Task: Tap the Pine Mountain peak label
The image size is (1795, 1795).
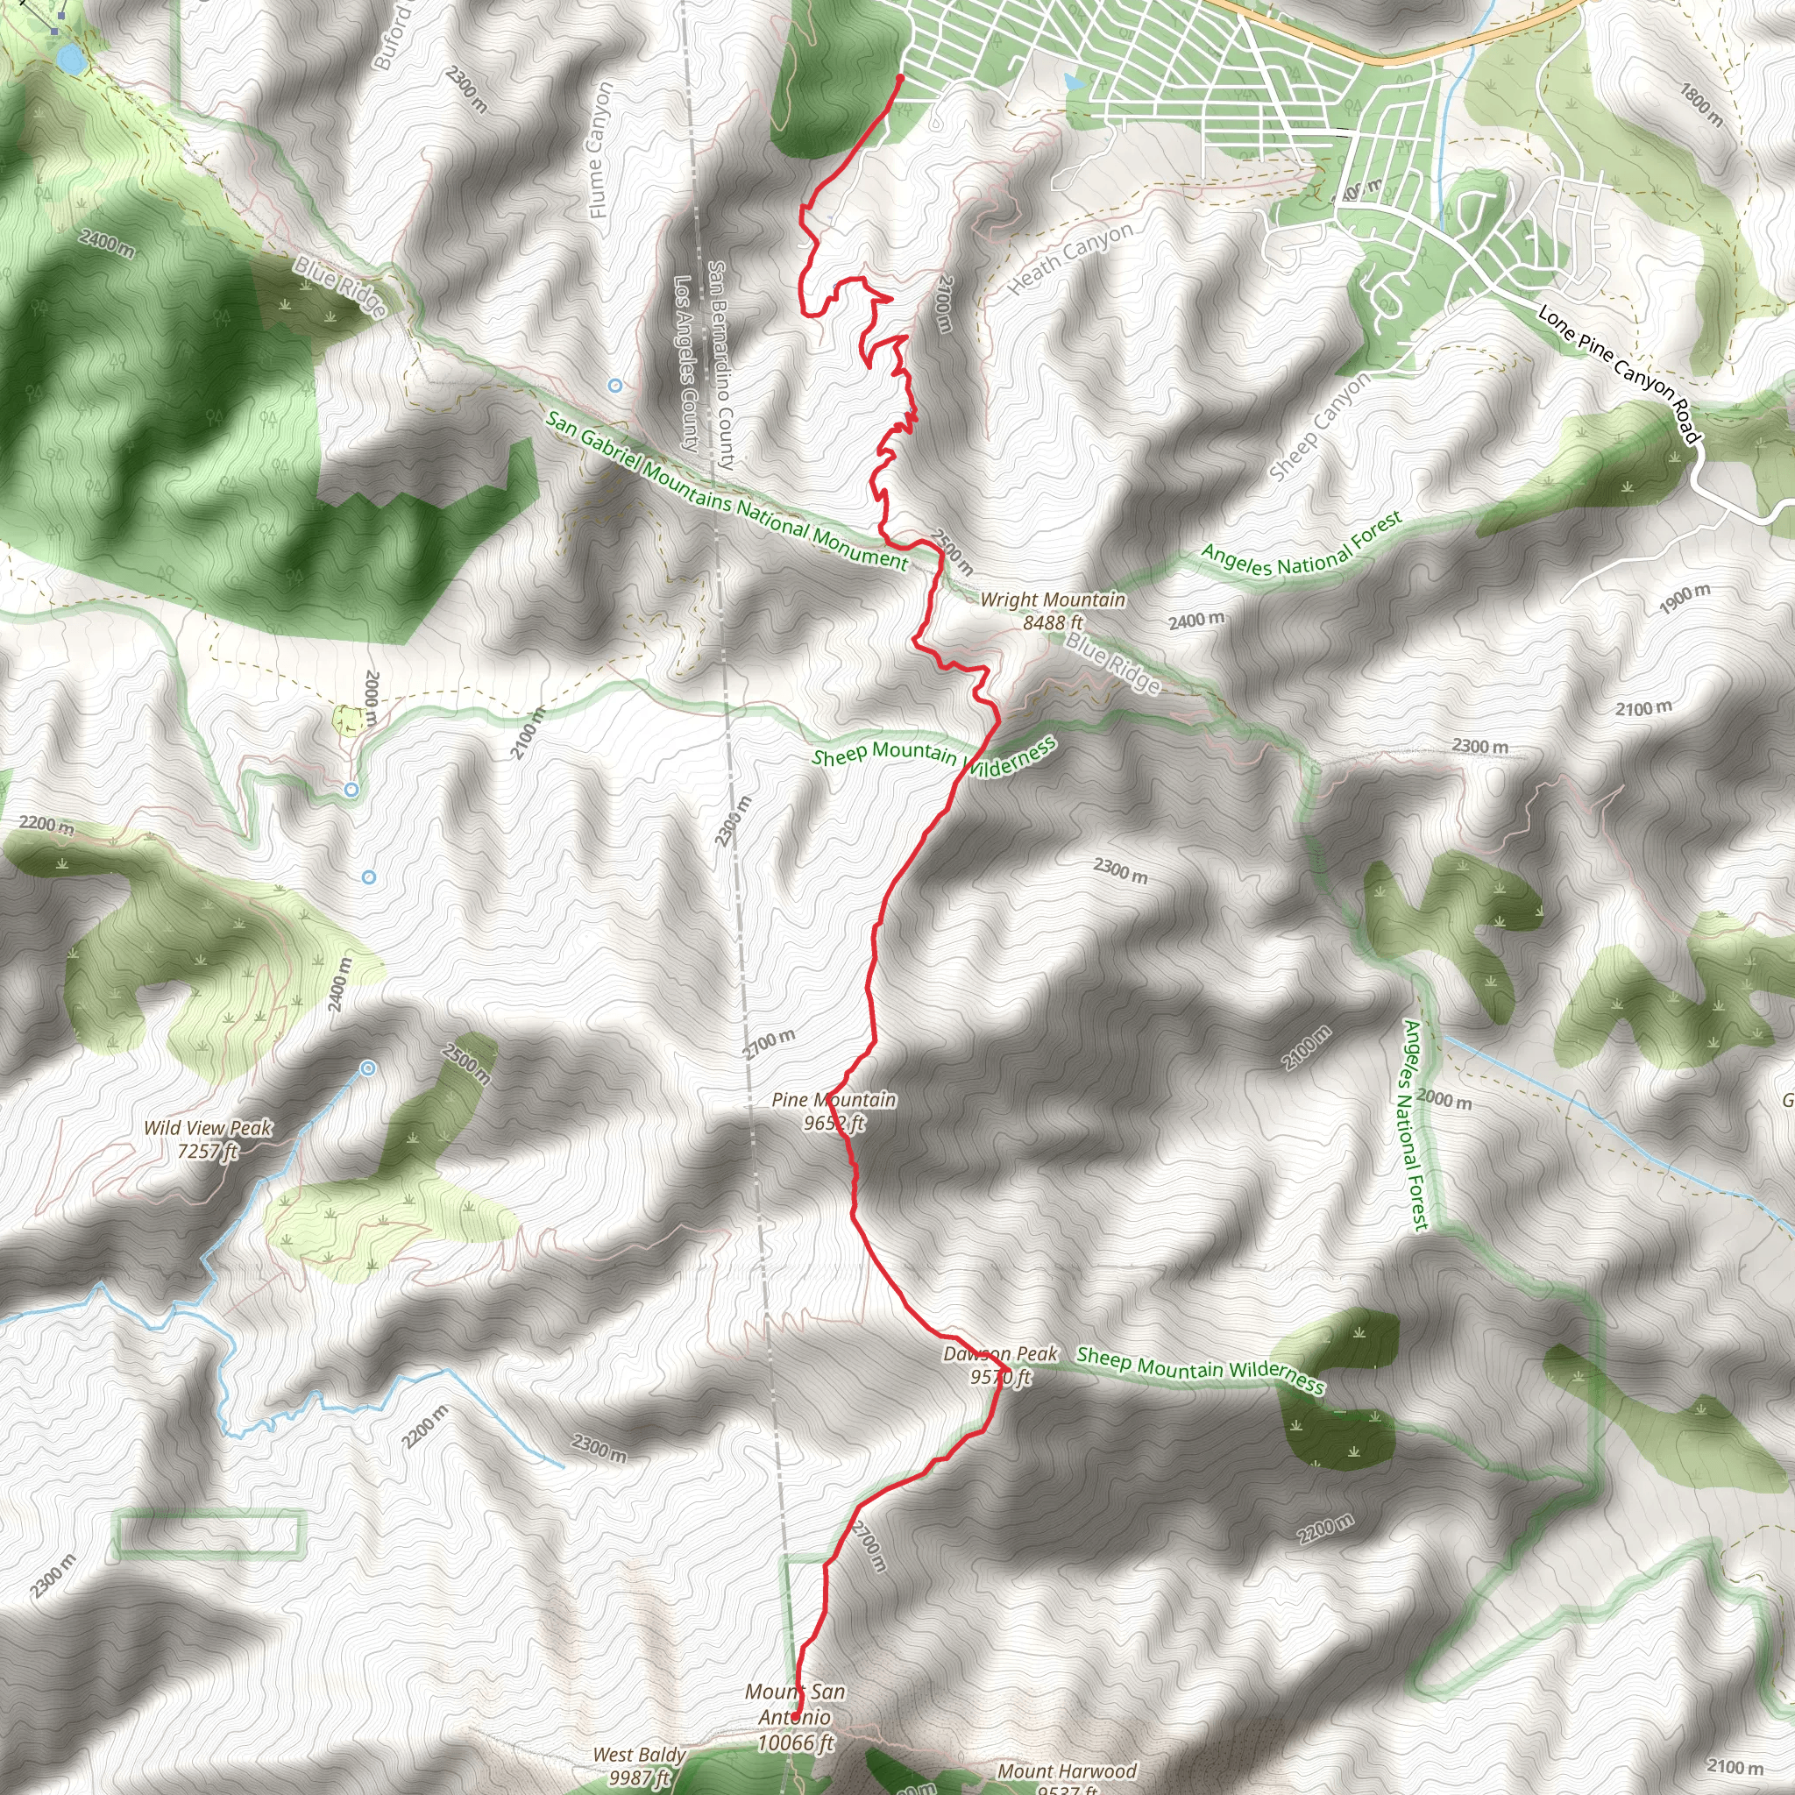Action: [x=834, y=1111]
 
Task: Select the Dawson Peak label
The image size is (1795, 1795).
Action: [x=1000, y=1365]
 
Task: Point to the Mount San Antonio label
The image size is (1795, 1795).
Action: [x=795, y=1717]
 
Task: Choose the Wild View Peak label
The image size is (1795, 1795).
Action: [x=207, y=1139]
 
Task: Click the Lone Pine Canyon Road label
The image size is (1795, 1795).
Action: [x=1619, y=373]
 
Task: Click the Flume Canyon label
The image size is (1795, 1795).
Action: [x=601, y=151]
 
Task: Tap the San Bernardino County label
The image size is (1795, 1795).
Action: [x=721, y=365]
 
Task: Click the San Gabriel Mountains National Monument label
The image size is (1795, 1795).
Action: [x=727, y=490]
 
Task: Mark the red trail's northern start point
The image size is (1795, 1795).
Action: [x=899, y=78]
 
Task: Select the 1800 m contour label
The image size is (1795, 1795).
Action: [x=1701, y=105]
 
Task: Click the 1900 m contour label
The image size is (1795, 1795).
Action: [x=1685, y=599]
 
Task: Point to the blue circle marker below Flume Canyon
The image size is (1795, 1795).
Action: [x=614, y=385]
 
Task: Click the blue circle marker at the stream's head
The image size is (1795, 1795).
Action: [x=368, y=1068]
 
